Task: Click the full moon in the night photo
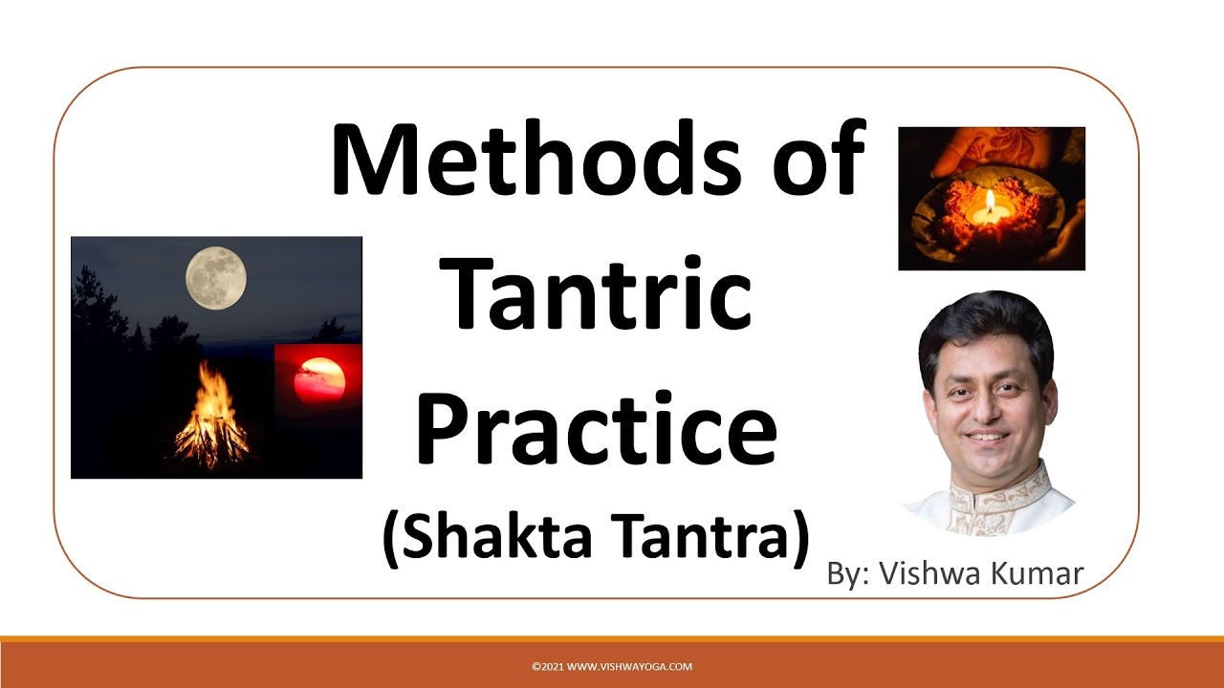[x=216, y=278]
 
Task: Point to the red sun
[x=319, y=379]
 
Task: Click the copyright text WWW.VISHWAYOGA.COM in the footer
[x=612, y=667]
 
